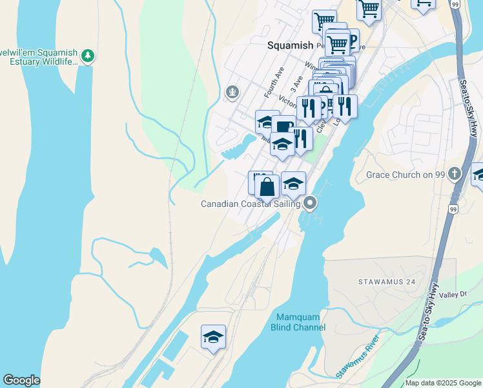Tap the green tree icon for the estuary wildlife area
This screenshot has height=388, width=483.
click(x=88, y=56)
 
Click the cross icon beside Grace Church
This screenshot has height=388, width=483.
click(x=455, y=173)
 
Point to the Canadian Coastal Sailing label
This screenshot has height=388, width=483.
click(x=250, y=204)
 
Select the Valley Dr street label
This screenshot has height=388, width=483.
click(x=453, y=295)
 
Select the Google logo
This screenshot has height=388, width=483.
click(x=21, y=380)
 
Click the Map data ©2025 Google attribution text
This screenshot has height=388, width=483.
click(x=443, y=383)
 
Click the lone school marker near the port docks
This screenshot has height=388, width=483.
click(x=213, y=337)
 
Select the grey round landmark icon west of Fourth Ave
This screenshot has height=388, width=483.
click(x=232, y=93)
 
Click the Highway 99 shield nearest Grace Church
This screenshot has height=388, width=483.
click(x=453, y=210)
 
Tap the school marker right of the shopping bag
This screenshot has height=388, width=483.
click(x=293, y=184)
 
